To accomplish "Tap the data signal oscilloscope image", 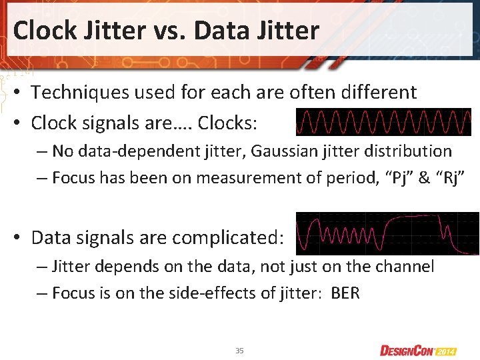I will tap(387, 233).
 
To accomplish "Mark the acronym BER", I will tap(345, 293).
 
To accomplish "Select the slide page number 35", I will tap(239, 351).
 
